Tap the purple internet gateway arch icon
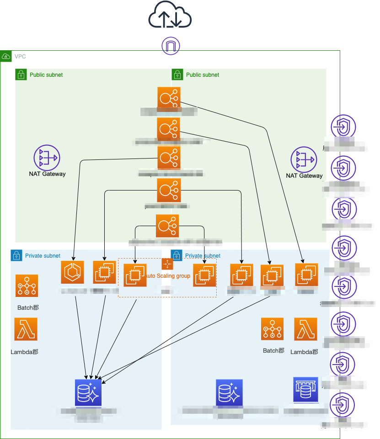tap(171, 46)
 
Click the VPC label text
tap(20, 57)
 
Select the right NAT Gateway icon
tap(304, 160)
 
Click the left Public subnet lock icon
tap(20, 74)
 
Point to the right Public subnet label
tap(203, 75)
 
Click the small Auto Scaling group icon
tap(167, 264)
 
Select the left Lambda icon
tap(26, 329)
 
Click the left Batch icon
tap(27, 286)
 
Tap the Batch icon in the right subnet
tap(273, 329)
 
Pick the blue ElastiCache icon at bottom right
tap(305, 390)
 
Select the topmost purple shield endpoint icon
tap(343, 127)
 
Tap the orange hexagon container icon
tap(74, 273)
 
